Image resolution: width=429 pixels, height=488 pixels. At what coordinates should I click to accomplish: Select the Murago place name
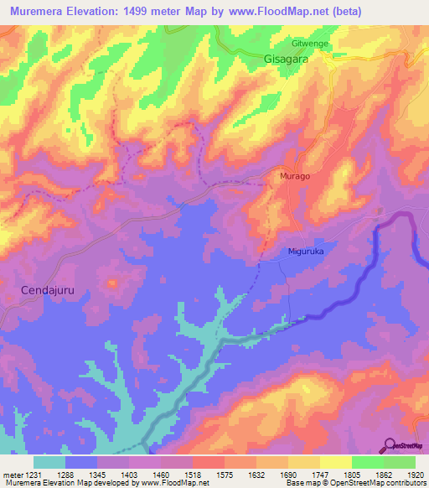click(x=294, y=176)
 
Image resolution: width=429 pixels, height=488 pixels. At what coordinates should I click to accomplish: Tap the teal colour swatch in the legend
click(x=49, y=462)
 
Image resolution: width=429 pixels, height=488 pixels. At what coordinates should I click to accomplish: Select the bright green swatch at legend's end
click(x=400, y=462)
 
